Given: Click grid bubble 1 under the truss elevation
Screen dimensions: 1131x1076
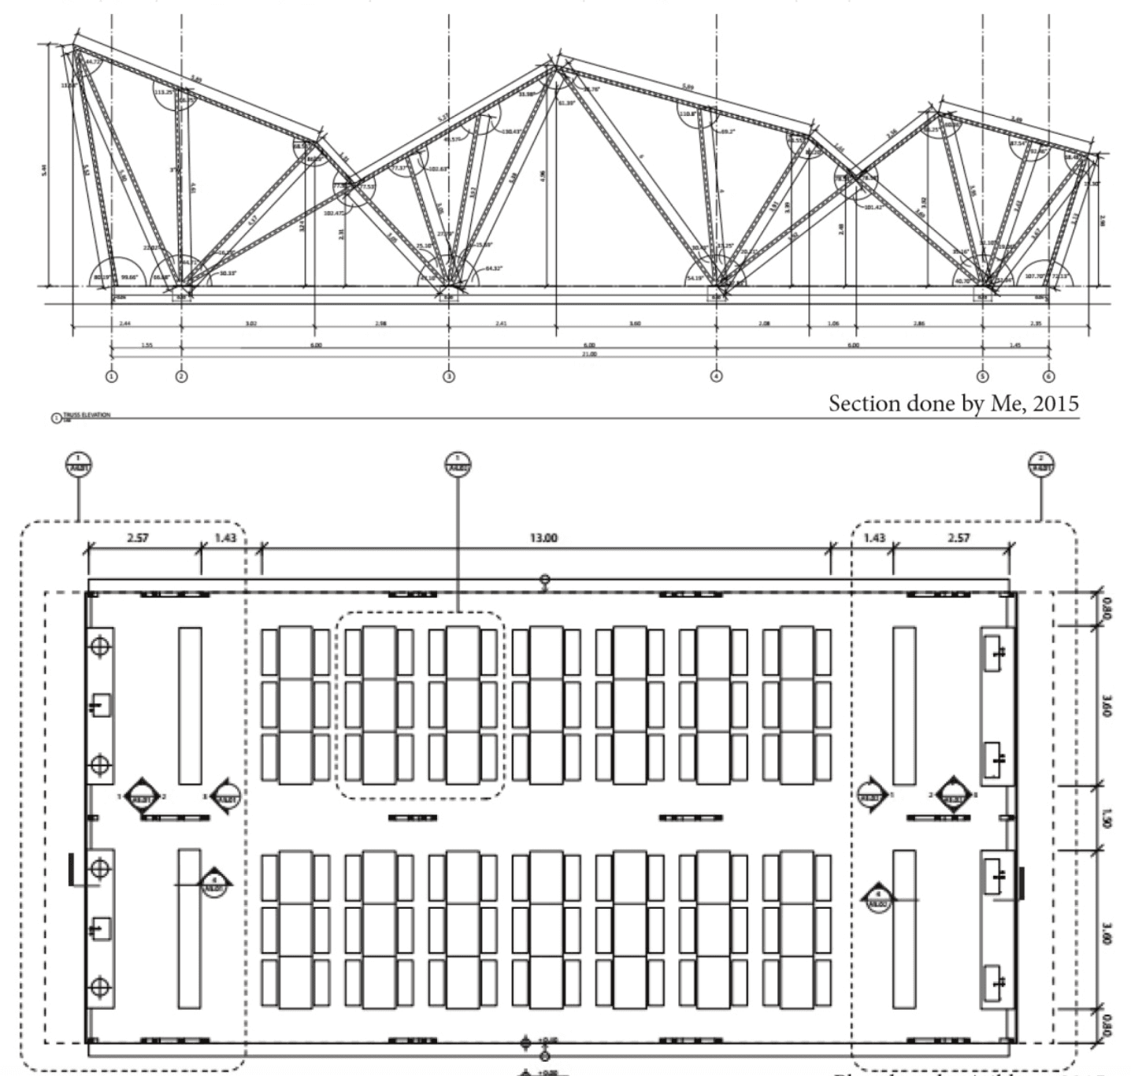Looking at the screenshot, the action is [111, 377].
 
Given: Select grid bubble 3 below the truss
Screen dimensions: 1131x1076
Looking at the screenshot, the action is [449, 377].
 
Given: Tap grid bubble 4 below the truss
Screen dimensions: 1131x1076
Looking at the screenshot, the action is [716, 377].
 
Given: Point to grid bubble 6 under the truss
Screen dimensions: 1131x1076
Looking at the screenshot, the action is [1049, 377].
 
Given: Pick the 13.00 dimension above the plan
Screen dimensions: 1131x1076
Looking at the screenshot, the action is [543, 538].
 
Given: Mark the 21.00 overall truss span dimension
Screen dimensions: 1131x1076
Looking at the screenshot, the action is [589, 354].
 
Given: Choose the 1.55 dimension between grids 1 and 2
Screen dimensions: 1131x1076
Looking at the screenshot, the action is [146, 345].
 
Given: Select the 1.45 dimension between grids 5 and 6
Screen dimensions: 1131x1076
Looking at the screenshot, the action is [1016, 345].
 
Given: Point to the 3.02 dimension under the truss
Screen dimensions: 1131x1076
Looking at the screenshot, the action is [250, 324].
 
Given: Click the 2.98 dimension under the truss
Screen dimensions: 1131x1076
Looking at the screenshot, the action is [380, 324].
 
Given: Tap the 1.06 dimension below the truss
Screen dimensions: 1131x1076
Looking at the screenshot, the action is [833, 324].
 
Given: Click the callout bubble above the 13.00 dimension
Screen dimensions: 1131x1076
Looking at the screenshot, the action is [458, 465].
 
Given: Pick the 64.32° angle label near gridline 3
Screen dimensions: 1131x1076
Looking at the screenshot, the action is [493, 269].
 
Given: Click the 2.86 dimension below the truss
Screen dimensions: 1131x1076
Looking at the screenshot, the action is [918, 324].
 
